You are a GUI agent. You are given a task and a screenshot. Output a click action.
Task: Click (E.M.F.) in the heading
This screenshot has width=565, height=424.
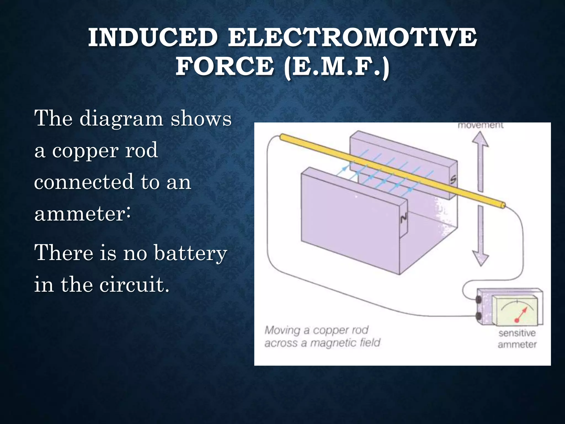click(x=337, y=67)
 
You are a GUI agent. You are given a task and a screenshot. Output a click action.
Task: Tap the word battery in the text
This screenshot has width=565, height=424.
click(x=190, y=253)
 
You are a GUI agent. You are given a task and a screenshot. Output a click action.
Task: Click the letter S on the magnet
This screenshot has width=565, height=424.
click(x=453, y=180)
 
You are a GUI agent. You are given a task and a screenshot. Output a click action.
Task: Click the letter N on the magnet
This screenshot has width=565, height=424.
click(x=403, y=218)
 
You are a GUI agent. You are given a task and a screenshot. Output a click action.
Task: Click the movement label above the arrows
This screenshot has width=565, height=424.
click(x=480, y=126)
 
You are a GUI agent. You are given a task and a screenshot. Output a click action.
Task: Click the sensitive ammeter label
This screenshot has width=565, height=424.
click(x=517, y=339)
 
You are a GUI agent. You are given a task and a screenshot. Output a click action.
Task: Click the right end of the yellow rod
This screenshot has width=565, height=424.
click(x=503, y=205)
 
